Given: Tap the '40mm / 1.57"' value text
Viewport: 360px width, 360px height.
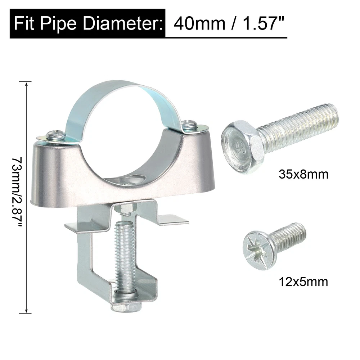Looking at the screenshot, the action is (229, 23).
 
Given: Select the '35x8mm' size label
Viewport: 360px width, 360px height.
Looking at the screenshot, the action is (303, 174).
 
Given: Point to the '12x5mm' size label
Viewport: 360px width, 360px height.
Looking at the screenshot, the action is (303, 282).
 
